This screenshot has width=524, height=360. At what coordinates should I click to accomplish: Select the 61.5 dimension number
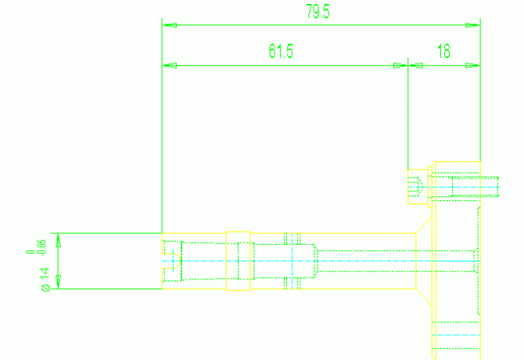pos(281,52)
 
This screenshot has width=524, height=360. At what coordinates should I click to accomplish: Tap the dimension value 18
pos(443,52)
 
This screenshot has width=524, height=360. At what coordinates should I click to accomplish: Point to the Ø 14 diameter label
pos(45,279)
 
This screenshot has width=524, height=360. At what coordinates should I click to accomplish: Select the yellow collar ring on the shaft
pos(238,261)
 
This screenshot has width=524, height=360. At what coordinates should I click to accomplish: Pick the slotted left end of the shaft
pos(170,261)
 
